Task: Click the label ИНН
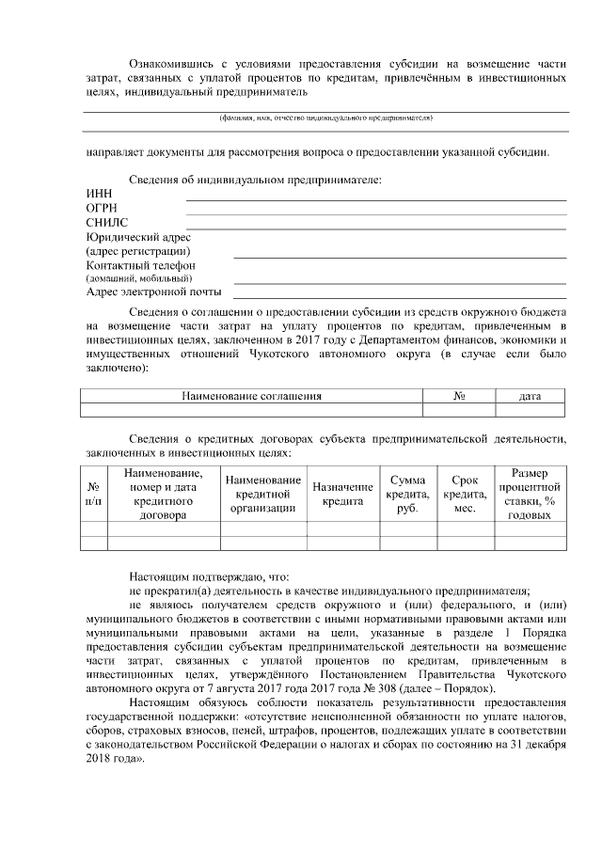(x=98, y=194)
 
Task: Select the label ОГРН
(x=102, y=208)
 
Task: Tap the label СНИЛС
(x=106, y=223)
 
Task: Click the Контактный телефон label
(x=140, y=266)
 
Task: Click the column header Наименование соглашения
(x=251, y=397)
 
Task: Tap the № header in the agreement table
(x=460, y=397)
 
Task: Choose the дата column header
(x=531, y=397)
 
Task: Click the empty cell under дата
(x=531, y=410)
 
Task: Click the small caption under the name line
(x=325, y=119)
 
